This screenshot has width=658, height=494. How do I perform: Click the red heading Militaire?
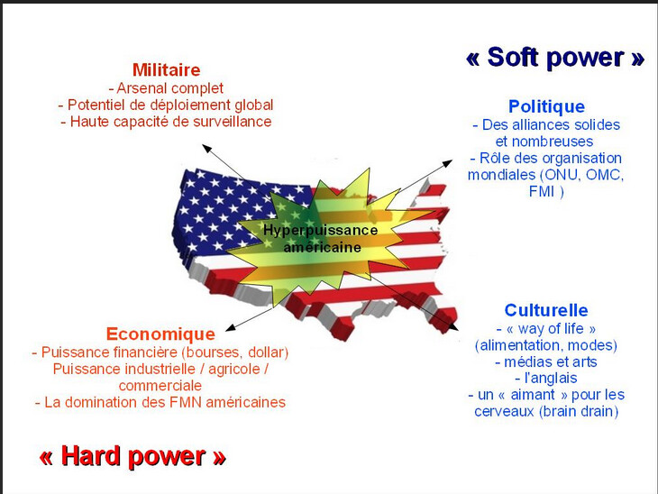coord(166,69)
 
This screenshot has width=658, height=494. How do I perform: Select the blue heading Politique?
coord(546,106)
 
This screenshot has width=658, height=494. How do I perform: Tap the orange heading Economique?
coord(160,334)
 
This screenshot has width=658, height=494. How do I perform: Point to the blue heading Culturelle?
coord(546,310)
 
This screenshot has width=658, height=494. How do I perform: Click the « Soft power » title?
coord(555,59)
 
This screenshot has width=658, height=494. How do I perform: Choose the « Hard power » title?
coord(132,456)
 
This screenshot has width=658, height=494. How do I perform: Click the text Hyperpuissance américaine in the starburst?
coord(320,238)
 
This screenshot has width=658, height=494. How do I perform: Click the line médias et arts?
coord(546,361)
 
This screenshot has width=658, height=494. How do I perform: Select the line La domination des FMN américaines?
coord(160,402)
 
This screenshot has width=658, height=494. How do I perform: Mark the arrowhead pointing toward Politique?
coord(452,163)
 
